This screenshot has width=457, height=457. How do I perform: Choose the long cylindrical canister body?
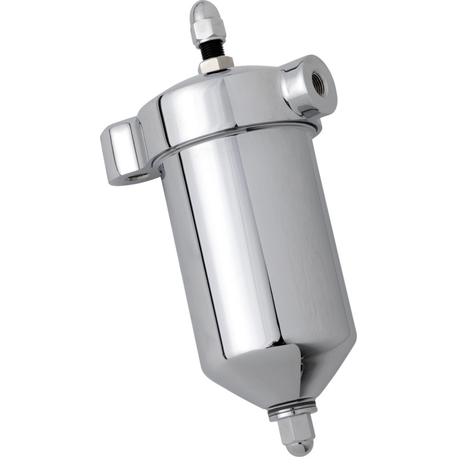257,246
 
